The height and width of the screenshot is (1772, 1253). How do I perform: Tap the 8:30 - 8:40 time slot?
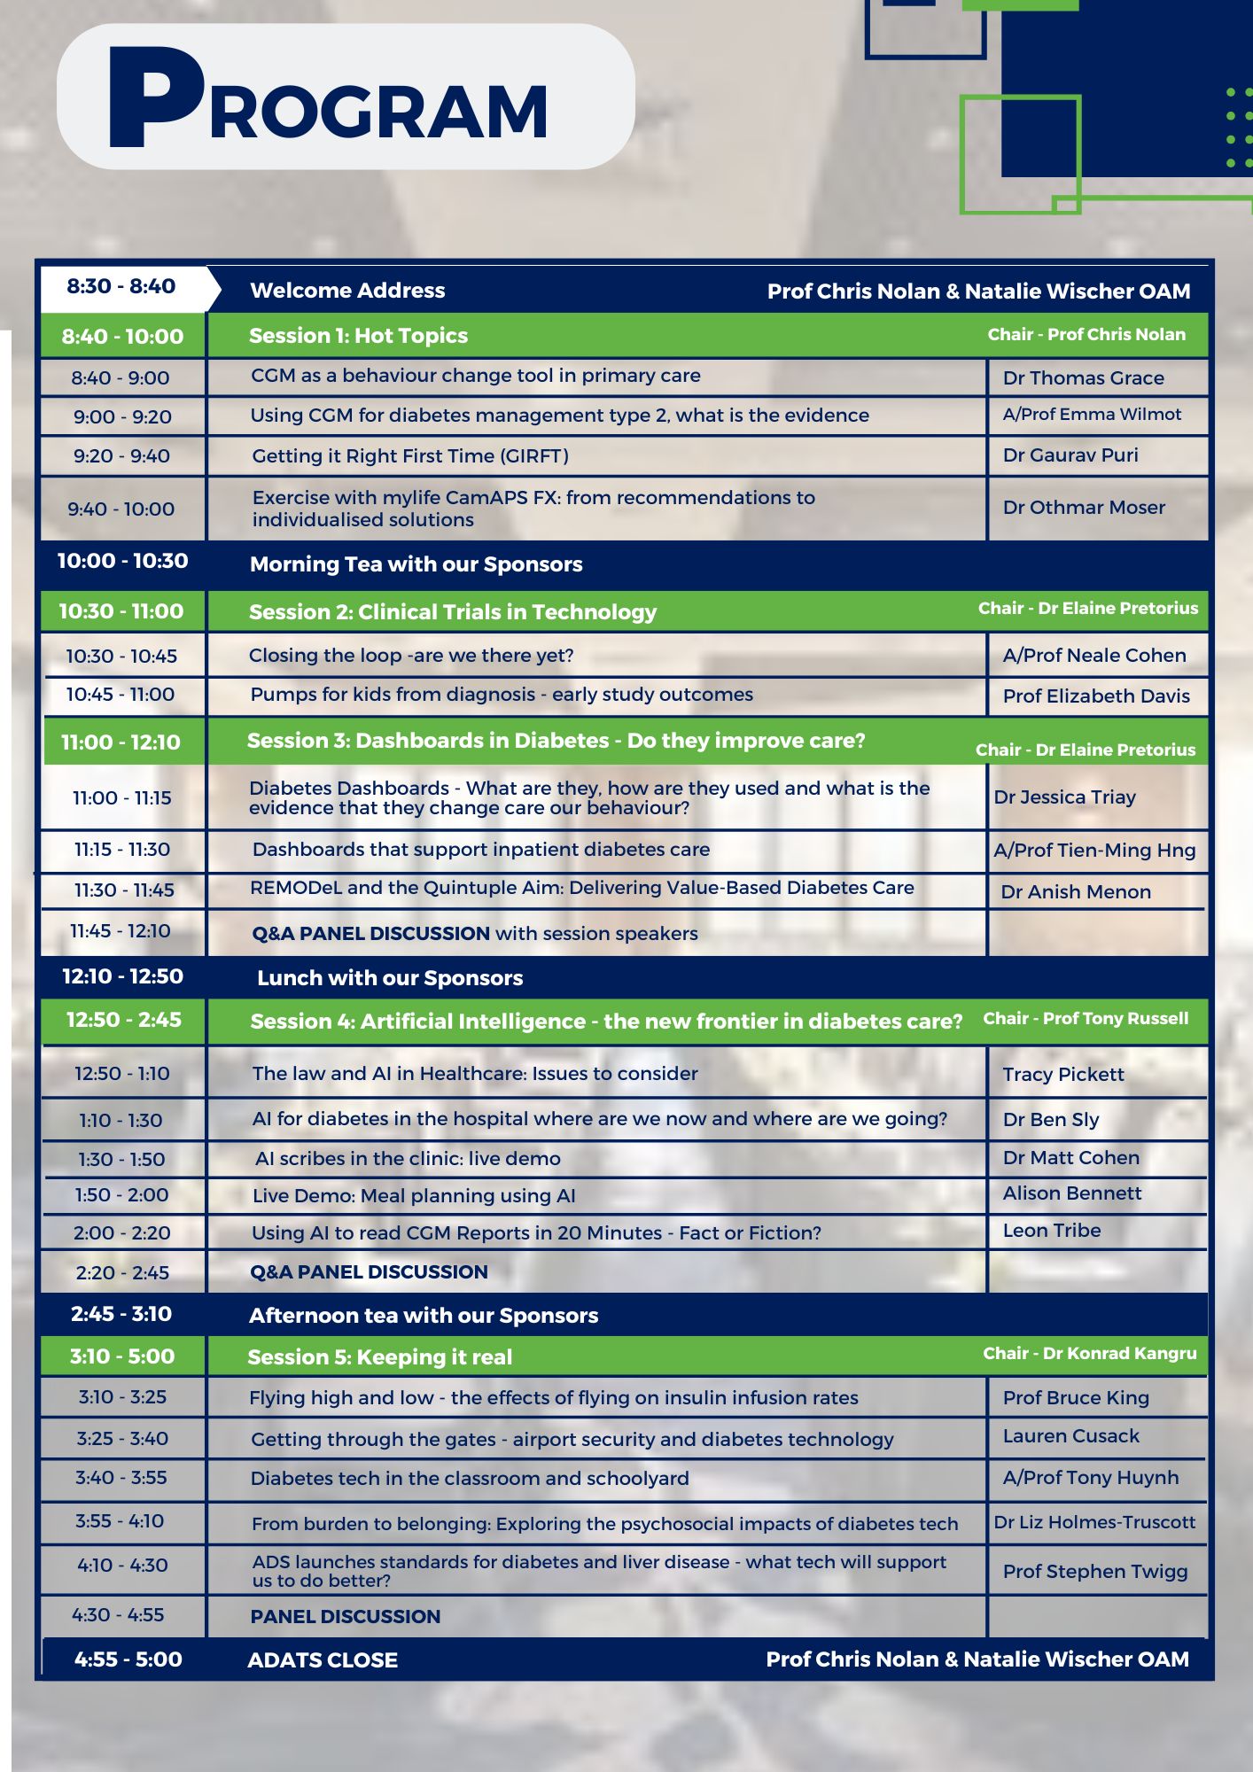pos(121,286)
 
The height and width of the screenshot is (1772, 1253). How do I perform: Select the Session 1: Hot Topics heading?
pos(358,336)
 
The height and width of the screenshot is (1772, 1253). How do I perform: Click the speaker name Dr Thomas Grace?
pos(1083,378)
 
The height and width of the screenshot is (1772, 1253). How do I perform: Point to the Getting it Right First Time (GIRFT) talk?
pos(410,456)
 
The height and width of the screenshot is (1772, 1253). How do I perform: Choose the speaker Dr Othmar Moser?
pos(1083,508)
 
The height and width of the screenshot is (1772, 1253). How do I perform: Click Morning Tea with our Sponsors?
pos(416,564)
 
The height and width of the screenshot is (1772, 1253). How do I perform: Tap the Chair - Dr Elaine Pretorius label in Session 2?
pos(1087,609)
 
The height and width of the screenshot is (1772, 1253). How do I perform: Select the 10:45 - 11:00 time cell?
pos(121,695)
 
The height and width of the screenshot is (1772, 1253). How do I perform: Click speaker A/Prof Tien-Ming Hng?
pos(1094,851)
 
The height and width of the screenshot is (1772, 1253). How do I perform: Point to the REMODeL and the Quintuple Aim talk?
pos(581,888)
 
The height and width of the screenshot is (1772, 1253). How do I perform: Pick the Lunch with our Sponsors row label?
pos(390,978)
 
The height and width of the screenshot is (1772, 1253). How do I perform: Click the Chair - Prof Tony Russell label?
pos(1086,1019)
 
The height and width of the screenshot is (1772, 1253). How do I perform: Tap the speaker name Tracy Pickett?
pos(1062,1075)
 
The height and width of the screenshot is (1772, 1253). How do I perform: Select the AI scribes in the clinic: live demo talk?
pos(408,1159)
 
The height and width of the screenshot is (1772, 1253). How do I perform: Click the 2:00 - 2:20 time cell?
pos(121,1233)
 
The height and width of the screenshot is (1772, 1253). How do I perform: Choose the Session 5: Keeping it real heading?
pos(379,1357)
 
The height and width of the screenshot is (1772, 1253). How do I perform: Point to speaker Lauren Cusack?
pos(1070,1436)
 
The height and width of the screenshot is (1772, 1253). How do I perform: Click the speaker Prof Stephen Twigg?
pos(1094,1572)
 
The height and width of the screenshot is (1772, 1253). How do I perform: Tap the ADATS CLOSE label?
pos(323,1660)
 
